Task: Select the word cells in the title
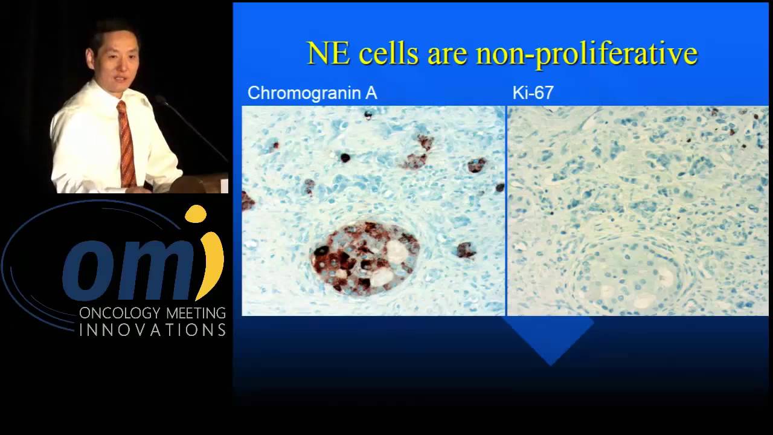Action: click(x=386, y=53)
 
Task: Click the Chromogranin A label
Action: click(x=312, y=93)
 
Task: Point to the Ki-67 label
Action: click(x=533, y=93)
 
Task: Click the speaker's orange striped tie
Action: click(x=126, y=145)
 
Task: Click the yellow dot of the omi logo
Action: click(x=196, y=213)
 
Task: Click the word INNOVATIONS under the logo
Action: click(x=152, y=330)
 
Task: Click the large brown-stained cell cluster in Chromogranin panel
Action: click(x=364, y=257)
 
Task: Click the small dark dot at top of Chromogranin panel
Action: click(x=368, y=115)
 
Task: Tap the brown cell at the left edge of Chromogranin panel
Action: click(x=247, y=201)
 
